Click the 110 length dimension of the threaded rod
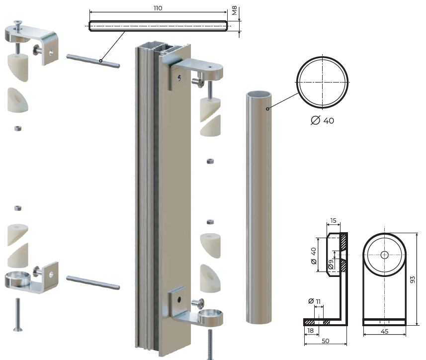pyautogui.click(x=158, y=8)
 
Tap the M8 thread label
pyautogui.click(x=235, y=10)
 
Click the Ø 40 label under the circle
pyautogui.click(x=323, y=120)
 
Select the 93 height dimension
pyautogui.click(x=413, y=279)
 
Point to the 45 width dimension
pyautogui.click(x=384, y=331)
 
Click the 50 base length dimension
pyautogui.click(x=326, y=341)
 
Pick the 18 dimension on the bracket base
pyautogui.click(x=310, y=330)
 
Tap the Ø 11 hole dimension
pyautogui.click(x=315, y=301)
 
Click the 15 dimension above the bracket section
pyautogui.click(x=334, y=220)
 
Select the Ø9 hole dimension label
pyautogui.click(x=331, y=264)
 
